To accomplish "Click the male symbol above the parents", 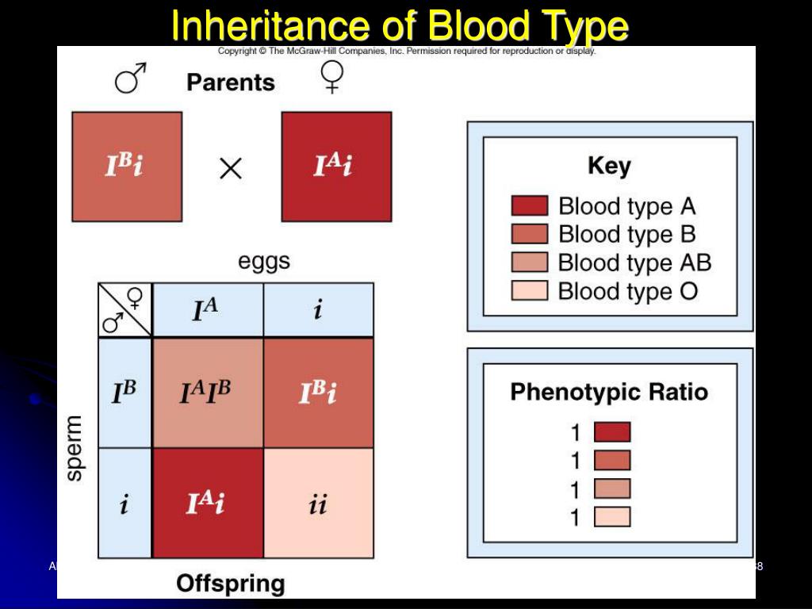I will (x=131, y=79).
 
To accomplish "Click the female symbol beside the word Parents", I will (x=331, y=78).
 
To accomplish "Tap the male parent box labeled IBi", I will (x=127, y=167).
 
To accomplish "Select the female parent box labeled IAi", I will (x=336, y=167).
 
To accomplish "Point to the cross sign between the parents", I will (x=231, y=168).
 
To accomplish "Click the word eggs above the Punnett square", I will (x=264, y=262).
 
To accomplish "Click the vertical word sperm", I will (x=74, y=448).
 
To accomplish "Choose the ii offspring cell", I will (x=318, y=504).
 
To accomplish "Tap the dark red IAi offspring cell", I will (x=207, y=504).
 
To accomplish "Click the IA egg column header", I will (x=207, y=310).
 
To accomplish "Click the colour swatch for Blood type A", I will (x=529, y=206).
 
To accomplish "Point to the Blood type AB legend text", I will (x=634, y=262).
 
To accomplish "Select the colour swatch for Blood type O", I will (x=529, y=291).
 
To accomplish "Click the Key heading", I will (x=609, y=167).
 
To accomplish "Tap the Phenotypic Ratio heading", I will (x=609, y=393).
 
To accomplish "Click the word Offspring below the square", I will (x=230, y=584).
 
